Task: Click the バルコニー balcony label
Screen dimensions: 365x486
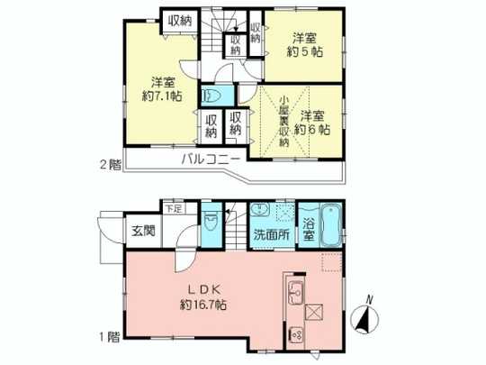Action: [x=210, y=159]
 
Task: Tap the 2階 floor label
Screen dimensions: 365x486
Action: [x=109, y=165]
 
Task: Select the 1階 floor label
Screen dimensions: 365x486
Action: [x=109, y=339]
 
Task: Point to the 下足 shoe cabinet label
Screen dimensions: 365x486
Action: [x=171, y=208]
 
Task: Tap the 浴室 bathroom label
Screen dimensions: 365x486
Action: [x=310, y=231]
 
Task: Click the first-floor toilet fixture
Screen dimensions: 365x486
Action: [x=211, y=222]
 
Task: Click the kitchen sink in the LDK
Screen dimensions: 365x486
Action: [x=295, y=292]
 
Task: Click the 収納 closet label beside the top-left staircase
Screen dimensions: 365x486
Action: [x=178, y=19]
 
